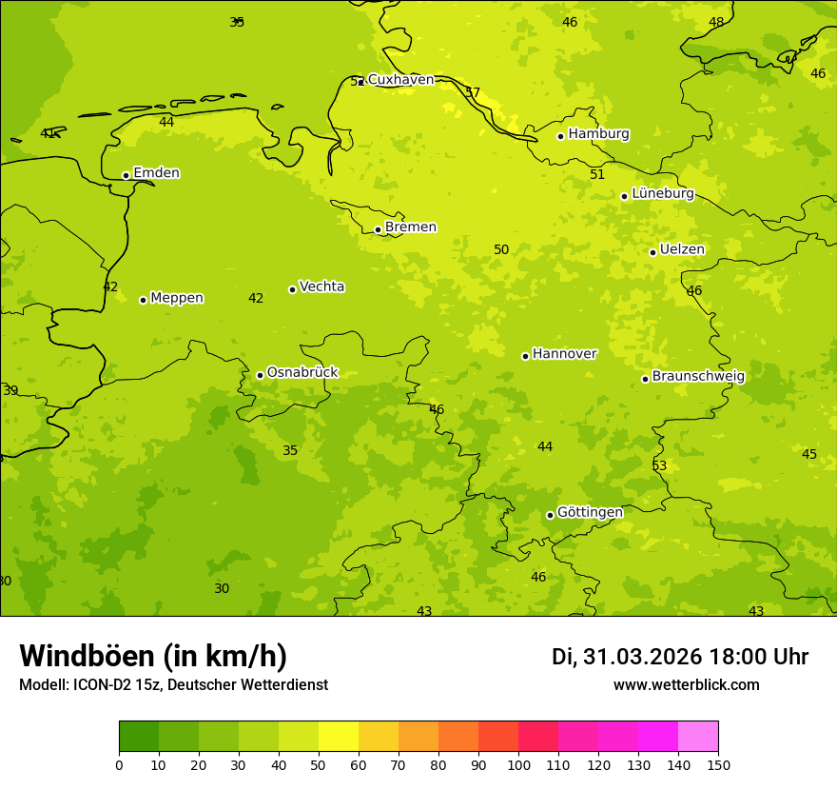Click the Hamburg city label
pos(598,134)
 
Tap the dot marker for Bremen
pos(378,229)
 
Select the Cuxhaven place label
pos(400,80)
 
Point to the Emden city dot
pos(126,175)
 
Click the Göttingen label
pos(590,512)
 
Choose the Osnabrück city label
pos(302,372)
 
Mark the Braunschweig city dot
pos(645,379)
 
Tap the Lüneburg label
pos(663,193)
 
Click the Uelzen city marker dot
pos(652,252)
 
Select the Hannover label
pos(564,354)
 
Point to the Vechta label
pos(321,286)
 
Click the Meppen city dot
pos(143,300)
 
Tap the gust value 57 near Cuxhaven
pos(473,92)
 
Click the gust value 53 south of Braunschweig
pos(659,465)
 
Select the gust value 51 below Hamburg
pos(597,174)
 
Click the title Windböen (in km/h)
pos(153,656)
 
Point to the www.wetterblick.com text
pos(686,684)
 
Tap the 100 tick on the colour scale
pos(518,764)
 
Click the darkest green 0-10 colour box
pos(139,736)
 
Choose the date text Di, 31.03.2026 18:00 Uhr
pos(679,657)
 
